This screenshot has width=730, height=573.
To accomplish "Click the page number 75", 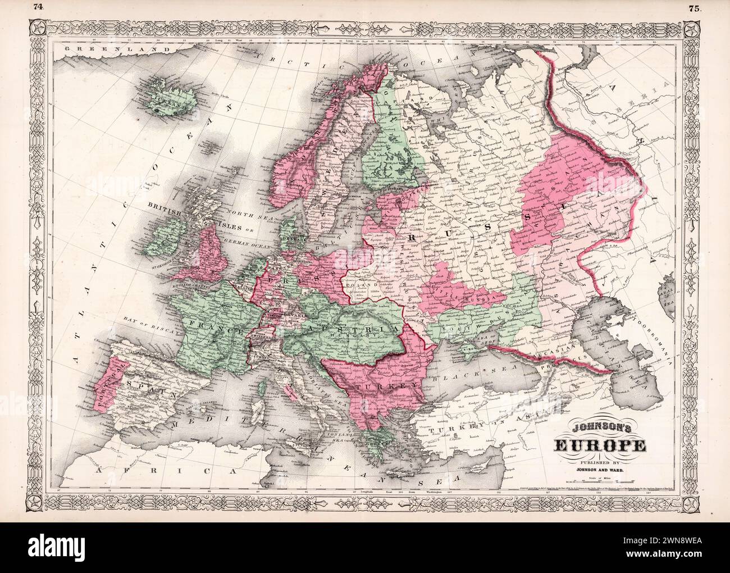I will click(692, 8).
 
